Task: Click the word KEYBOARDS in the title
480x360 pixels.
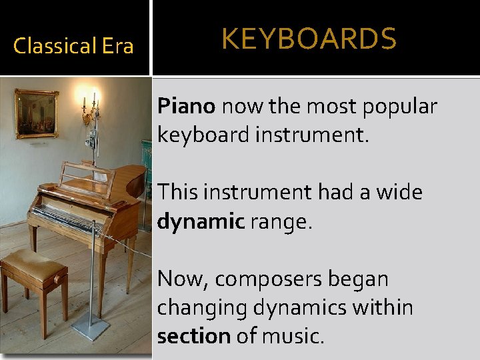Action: tap(309, 39)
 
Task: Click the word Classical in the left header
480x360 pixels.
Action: tap(55, 46)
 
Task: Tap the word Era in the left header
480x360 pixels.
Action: tap(117, 46)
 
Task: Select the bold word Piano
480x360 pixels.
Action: tap(186, 106)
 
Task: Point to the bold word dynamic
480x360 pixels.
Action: tap(201, 221)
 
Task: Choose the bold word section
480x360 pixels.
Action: tap(193, 336)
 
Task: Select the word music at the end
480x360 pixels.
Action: tap(293, 336)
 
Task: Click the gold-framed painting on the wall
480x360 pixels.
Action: tap(36, 113)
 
